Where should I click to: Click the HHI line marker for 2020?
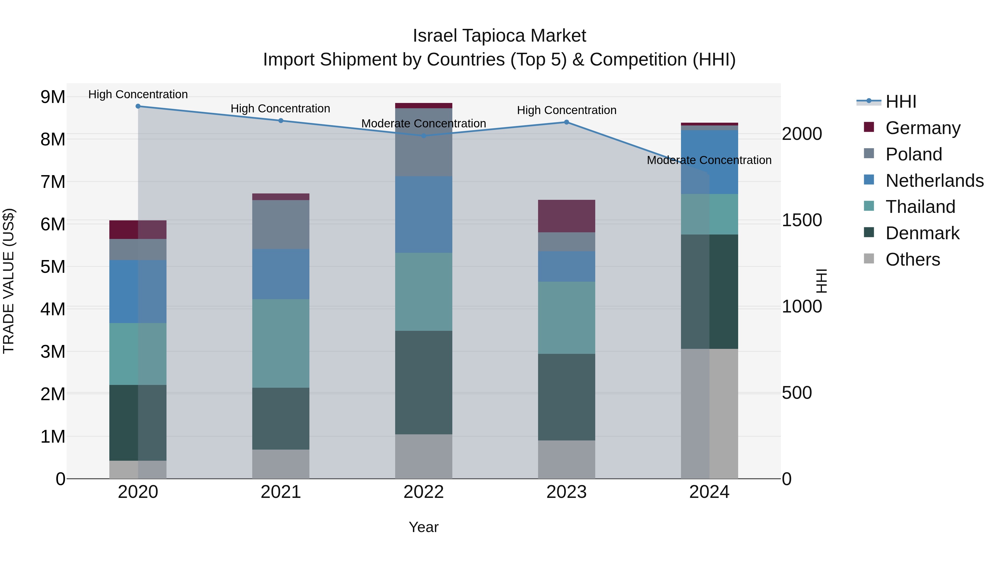tap(138, 106)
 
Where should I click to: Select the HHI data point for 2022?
tap(423, 136)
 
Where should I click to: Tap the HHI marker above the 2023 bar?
tap(566, 122)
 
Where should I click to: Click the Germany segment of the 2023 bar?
tap(566, 216)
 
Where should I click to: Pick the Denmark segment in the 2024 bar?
tap(709, 292)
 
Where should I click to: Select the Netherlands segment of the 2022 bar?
tap(423, 215)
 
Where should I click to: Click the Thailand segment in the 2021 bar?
tap(281, 343)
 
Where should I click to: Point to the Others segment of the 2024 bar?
tap(709, 414)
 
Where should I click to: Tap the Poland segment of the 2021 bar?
tap(281, 225)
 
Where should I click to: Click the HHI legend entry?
tap(900, 102)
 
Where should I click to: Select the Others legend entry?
tap(912, 259)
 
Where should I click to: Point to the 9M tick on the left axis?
tap(53, 97)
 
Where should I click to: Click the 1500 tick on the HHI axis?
tap(801, 220)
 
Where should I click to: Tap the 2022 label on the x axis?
tap(423, 492)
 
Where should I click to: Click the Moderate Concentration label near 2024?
tap(709, 160)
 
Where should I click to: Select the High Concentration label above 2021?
tap(280, 109)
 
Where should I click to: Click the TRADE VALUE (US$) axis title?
tap(9, 281)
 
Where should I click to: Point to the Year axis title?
tap(423, 527)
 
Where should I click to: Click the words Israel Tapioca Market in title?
tap(499, 36)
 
